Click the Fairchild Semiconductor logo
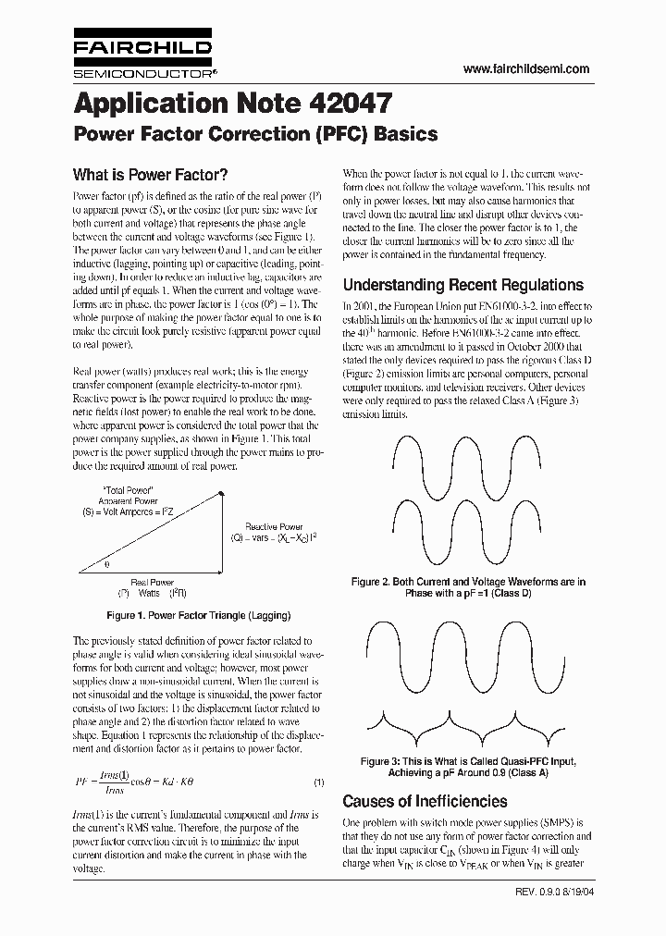click(x=143, y=56)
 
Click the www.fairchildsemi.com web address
click(x=525, y=69)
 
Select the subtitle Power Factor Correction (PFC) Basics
click(x=254, y=134)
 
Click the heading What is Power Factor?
click(x=150, y=175)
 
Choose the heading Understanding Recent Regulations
click(x=462, y=285)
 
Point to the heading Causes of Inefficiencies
click(x=425, y=801)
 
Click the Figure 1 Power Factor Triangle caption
click(x=199, y=615)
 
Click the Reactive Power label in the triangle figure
click(x=274, y=526)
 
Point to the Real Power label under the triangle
click(x=153, y=583)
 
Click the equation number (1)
click(x=318, y=782)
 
